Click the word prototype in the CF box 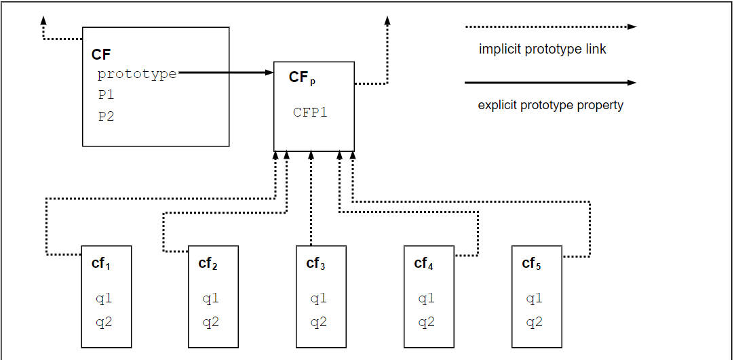(137, 74)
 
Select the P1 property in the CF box (106, 95)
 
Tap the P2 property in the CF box (106, 116)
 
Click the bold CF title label (101, 54)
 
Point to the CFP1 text (310, 113)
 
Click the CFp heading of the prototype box (302, 77)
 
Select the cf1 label (101, 264)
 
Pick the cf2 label (208, 264)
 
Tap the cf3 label (315, 264)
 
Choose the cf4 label (423, 264)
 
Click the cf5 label (531, 264)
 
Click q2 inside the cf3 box (318, 322)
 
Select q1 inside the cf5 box (534, 298)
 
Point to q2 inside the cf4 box (426, 322)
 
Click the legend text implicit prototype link (542, 49)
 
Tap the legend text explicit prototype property (550, 105)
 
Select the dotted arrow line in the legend (549, 27)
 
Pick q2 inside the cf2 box (210, 322)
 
